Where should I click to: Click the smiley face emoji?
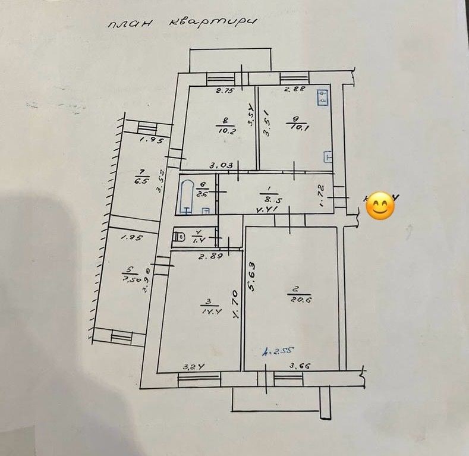[x=380, y=206]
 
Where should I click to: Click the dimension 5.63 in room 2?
[x=253, y=277]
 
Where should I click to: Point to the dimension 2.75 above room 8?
[x=225, y=91]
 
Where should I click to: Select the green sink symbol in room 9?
[x=323, y=98]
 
